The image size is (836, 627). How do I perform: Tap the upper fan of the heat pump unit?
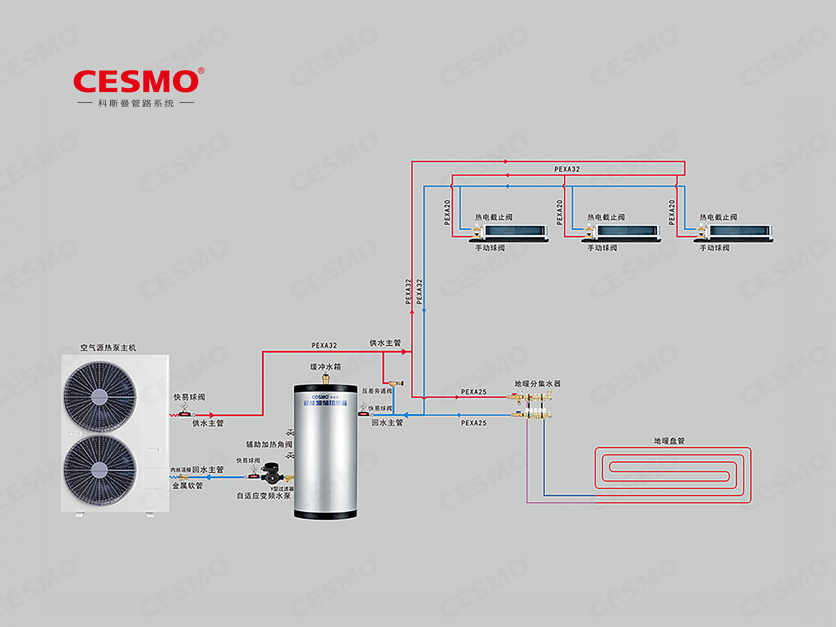[x=99, y=396]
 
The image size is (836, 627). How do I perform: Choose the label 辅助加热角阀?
[x=269, y=444]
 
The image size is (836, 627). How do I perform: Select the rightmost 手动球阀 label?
[x=714, y=248]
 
